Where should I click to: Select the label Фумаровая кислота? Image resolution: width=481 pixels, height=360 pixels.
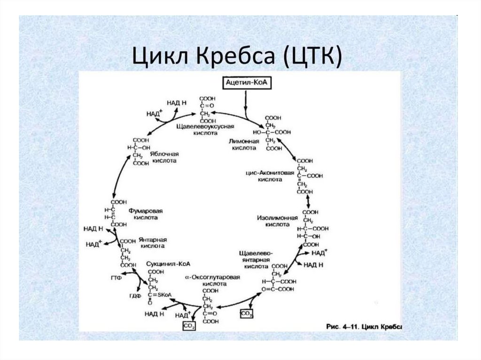coord(145,214)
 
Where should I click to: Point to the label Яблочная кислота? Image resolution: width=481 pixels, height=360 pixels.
coord(163,157)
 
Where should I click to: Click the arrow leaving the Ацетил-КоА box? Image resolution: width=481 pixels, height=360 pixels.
coord(245,102)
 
